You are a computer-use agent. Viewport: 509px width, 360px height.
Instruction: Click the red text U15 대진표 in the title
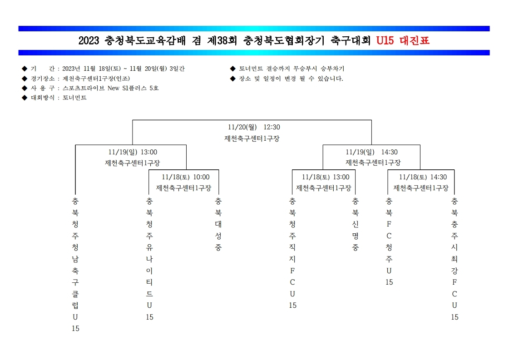[x=403, y=40]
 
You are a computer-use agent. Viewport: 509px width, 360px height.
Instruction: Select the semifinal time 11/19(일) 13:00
[x=133, y=152]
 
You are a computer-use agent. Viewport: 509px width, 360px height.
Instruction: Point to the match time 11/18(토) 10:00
[x=186, y=177]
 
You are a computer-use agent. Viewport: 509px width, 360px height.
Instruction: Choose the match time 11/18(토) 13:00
[x=326, y=177]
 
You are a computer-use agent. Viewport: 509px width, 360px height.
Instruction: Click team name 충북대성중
[x=218, y=224]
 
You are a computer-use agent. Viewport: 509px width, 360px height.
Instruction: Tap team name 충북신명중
[x=356, y=224]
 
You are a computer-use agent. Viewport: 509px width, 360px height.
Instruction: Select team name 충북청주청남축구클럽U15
[x=75, y=265]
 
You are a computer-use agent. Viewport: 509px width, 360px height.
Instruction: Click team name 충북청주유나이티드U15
[x=149, y=259]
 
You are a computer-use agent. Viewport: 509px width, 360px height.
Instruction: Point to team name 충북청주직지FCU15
[x=292, y=253]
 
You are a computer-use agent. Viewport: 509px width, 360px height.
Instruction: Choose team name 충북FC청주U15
[x=389, y=242]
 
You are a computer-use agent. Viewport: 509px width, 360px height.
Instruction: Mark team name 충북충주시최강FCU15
[x=455, y=259]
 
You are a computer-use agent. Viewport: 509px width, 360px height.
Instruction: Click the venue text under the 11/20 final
[x=252, y=138]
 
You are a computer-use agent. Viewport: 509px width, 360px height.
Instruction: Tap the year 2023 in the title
[x=89, y=40]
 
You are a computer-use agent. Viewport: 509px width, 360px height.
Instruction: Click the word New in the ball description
[x=114, y=88]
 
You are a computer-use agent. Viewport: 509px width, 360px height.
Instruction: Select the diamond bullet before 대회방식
[x=25, y=98]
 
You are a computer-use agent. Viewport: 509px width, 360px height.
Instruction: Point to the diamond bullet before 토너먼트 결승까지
[x=232, y=69]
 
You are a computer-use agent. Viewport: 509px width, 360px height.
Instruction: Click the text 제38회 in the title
[x=222, y=40]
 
